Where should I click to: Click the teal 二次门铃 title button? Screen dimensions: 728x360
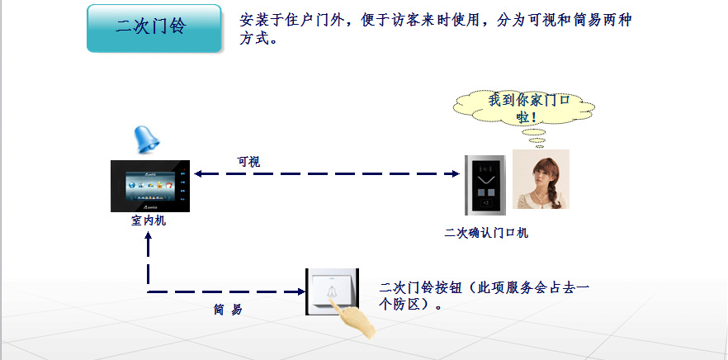pyautogui.click(x=154, y=28)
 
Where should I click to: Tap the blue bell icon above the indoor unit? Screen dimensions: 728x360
pyautogui.click(x=147, y=140)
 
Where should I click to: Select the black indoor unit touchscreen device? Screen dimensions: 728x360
pyautogui.click(x=150, y=186)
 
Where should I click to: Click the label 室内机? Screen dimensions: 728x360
pyautogui.click(x=149, y=221)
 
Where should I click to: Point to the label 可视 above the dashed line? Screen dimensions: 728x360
pyautogui.click(x=249, y=162)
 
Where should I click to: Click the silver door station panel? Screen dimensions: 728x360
pyautogui.click(x=485, y=185)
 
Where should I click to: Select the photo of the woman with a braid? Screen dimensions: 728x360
pyautogui.click(x=541, y=179)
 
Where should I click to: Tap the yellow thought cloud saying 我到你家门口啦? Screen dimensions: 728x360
pyautogui.click(x=524, y=108)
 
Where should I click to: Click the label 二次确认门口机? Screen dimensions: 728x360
pyautogui.click(x=486, y=233)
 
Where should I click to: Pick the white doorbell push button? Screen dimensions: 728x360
pyautogui.click(x=332, y=291)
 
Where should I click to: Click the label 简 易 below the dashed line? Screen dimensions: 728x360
pyautogui.click(x=228, y=310)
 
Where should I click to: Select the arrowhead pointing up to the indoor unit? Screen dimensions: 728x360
pyautogui.click(x=149, y=236)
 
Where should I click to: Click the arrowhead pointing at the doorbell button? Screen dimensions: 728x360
pyautogui.click(x=300, y=291)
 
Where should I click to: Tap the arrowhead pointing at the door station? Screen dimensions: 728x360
pyautogui.click(x=456, y=173)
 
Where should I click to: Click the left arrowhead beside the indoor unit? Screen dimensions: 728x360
pyautogui.click(x=198, y=173)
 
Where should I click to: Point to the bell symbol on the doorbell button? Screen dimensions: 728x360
pyautogui.click(x=333, y=291)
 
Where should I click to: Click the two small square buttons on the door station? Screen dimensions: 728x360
pyautogui.click(x=485, y=192)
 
